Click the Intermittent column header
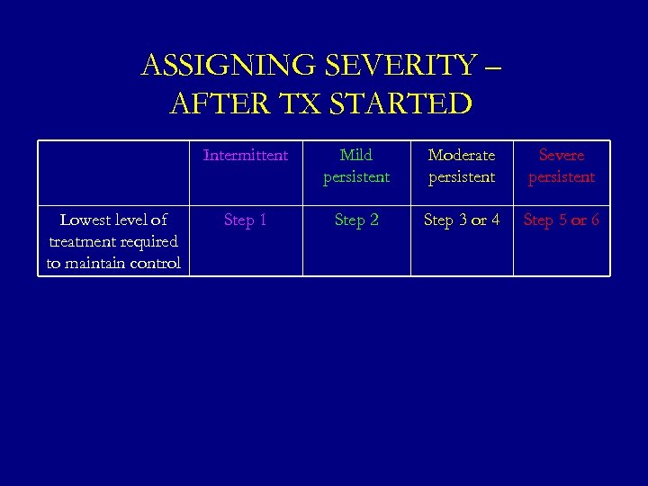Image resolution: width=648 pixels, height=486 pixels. [246, 156]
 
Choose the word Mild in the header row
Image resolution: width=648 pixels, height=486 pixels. [356, 156]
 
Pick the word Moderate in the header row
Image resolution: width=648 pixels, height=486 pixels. [462, 156]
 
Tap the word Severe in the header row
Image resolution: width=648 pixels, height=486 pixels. [562, 156]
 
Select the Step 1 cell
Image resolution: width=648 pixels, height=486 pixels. [246, 220]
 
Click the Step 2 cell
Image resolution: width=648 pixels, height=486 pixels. [356, 220]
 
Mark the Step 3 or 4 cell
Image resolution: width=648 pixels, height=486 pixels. [462, 220]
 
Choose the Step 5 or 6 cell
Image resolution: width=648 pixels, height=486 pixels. [562, 220]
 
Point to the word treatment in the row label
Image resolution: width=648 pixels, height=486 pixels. [76, 242]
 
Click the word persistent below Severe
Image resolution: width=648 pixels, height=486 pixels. [562, 177]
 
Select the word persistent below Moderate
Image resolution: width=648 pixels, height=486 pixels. [462, 177]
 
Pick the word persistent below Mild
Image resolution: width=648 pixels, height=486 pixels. [356, 177]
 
